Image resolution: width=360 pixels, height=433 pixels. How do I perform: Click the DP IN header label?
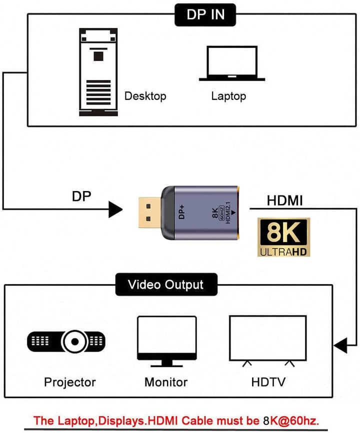pyautogui.click(x=205, y=14)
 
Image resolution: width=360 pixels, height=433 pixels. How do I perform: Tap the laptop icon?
pyautogui.click(x=232, y=63)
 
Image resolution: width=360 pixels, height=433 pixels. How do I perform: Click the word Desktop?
pyautogui.click(x=145, y=96)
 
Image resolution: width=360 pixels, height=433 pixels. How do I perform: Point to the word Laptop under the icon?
pyautogui.click(x=228, y=96)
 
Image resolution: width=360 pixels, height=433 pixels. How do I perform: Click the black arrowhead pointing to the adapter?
pyautogui.click(x=115, y=209)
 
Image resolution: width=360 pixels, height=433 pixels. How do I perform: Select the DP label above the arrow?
pyautogui.click(x=81, y=196)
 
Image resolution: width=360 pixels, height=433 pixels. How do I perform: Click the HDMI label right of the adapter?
pyautogui.click(x=284, y=200)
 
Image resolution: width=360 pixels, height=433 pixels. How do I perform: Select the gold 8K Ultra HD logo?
pyautogui.click(x=281, y=237)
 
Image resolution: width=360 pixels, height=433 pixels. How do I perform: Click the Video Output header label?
pyautogui.click(x=165, y=285)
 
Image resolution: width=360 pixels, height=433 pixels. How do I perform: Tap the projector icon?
pyautogui.click(x=66, y=341)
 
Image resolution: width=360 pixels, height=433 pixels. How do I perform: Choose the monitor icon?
pyautogui.click(x=165, y=341)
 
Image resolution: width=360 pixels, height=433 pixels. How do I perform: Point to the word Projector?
pyautogui.click(x=69, y=382)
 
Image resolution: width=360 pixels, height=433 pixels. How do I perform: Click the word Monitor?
pyautogui.click(x=165, y=382)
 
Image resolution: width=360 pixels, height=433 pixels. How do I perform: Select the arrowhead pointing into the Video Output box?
pyautogui.click(x=341, y=345)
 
